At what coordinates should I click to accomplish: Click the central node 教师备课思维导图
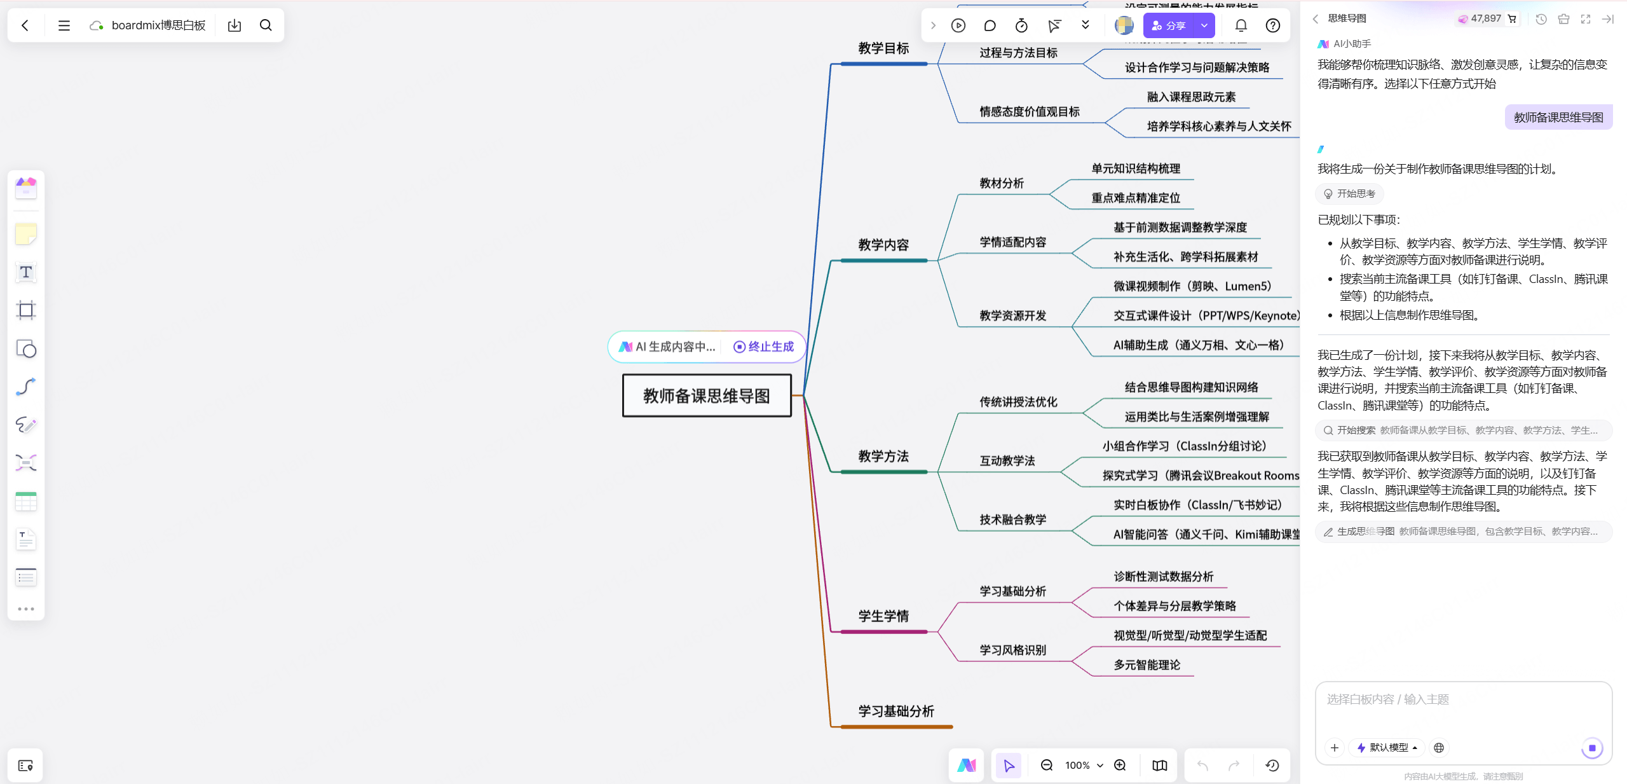pos(706,395)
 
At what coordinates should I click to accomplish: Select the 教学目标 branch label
pos(883,49)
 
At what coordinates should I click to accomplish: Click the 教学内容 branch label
pos(883,245)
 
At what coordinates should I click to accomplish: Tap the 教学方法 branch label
pos(883,457)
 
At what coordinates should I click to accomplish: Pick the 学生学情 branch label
pos(883,616)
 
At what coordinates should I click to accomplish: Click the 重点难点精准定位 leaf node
pos(1136,198)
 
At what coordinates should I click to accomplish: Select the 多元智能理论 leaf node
pos(1147,665)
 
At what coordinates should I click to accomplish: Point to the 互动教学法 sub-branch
pos(1007,461)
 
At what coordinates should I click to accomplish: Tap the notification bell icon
pos(1241,26)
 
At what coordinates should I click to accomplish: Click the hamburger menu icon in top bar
pos(64,26)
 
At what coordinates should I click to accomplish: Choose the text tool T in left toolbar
pos(26,273)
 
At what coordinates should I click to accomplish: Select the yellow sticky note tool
pos(26,235)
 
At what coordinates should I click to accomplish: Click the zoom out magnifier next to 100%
pos(1047,765)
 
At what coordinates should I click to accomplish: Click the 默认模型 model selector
pos(1388,748)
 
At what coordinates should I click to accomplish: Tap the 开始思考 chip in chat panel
pos(1349,194)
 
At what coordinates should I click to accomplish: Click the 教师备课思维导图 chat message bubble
pos(1558,118)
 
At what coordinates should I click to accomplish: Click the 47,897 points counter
pos(1485,19)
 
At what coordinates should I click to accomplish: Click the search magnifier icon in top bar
pos(266,26)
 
